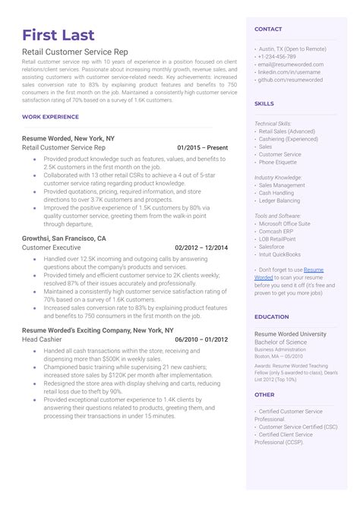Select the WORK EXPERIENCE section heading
(x=51, y=117)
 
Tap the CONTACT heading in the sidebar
(x=268, y=29)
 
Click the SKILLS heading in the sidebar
(x=264, y=103)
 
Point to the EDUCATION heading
(x=271, y=317)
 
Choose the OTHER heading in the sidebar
(x=264, y=395)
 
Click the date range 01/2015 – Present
(x=202, y=148)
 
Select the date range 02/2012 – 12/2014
(x=201, y=248)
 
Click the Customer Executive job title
(x=51, y=248)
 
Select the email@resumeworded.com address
(x=291, y=65)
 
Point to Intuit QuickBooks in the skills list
(x=279, y=254)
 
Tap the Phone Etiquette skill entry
(x=279, y=162)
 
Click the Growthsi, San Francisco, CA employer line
(x=65, y=238)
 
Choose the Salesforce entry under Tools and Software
(x=273, y=247)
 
